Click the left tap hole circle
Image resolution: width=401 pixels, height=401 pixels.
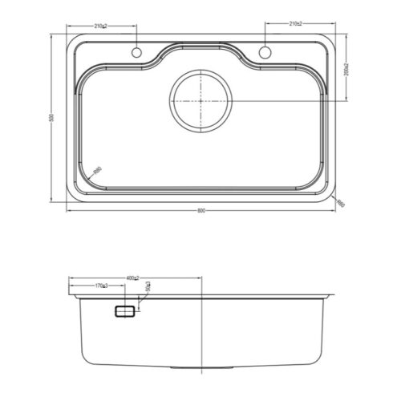tap(136, 53)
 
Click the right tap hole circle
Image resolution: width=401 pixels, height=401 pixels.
tap(265, 53)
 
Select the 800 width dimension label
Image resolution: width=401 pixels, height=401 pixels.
tap(200, 211)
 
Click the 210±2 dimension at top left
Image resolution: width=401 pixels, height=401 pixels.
tap(101, 26)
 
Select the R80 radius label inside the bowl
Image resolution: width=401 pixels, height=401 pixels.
tap(97, 169)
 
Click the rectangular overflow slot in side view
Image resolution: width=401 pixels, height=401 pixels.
tap(125, 311)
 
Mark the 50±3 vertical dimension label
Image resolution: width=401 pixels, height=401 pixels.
tap(148, 286)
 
